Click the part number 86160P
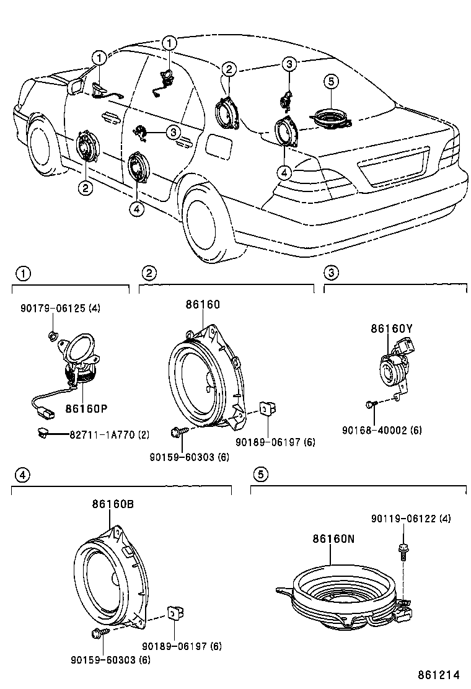(87, 409)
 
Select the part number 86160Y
(392, 328)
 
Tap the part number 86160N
(333, 538)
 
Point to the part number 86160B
(113, 504)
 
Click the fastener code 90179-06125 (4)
(60, 309)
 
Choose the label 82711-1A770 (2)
(110, 435)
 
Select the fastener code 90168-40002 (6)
(382, 430)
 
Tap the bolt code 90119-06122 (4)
(411, 519)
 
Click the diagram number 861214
(439, 675)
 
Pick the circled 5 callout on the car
(331, 81)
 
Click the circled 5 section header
(260, 474)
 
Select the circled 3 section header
(331, 273)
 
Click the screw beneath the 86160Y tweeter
(369, 404)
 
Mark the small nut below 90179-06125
(52, 336)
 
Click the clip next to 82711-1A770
(43, 433)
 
